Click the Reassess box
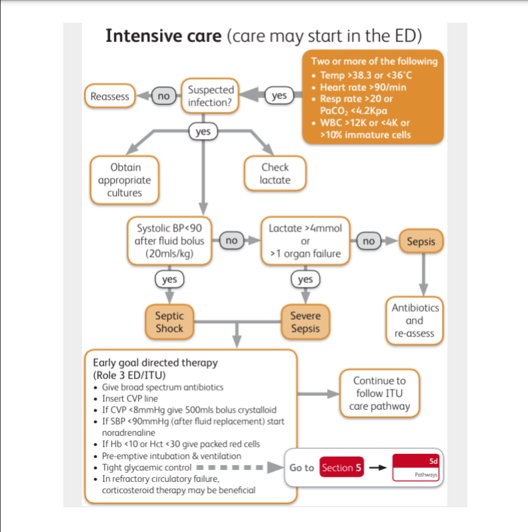coord(110,96)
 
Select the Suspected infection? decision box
coord(210,96)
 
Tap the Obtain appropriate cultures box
coord(125,180)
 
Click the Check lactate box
coord(275,174)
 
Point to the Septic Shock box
coord(169,322)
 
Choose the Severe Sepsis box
coord(305,322)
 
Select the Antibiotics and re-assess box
coord(415,320)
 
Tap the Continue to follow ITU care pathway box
coord(379,393)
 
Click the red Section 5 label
coord(341,468)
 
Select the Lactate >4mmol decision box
coord(305,240)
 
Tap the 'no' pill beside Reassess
coord(163,96)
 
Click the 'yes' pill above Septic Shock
coord(169,279)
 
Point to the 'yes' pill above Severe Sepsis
coord(305,279)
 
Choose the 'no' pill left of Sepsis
coord(369,240)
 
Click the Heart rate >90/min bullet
coord(363,87)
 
